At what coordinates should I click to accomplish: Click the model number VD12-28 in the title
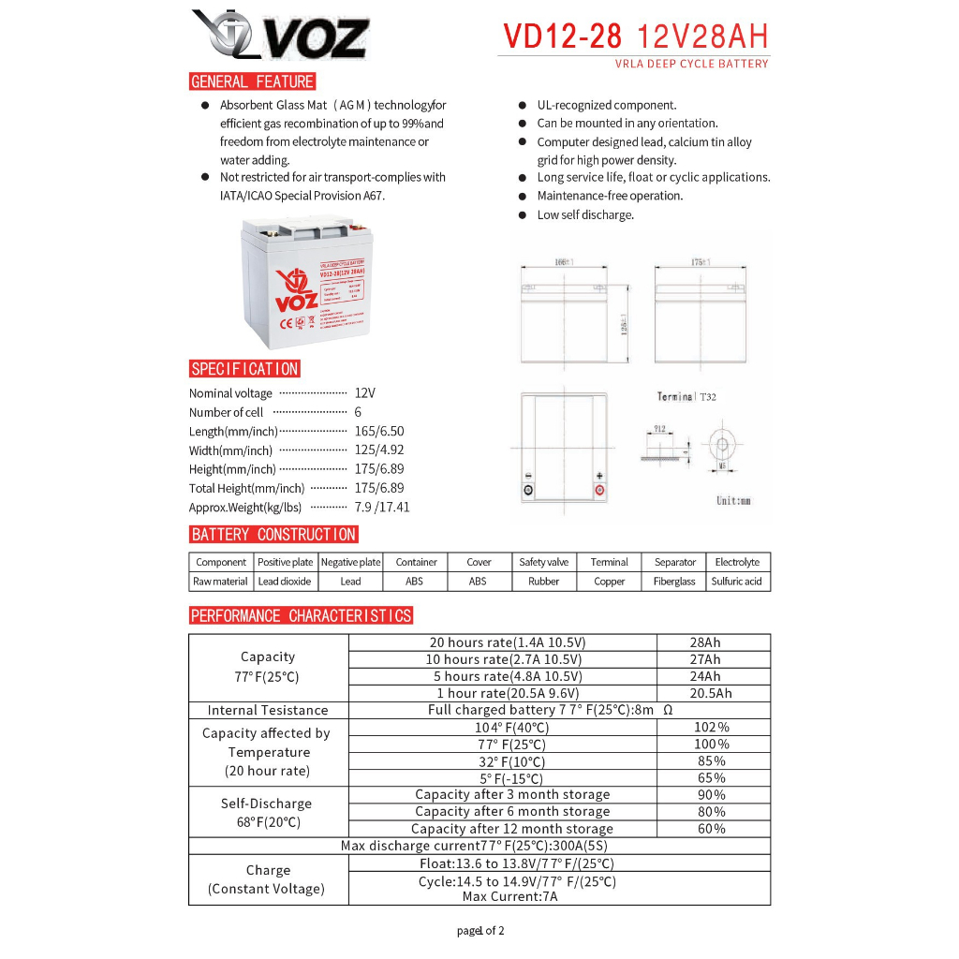coord(563,36)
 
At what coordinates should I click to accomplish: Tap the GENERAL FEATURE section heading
coord(252,81)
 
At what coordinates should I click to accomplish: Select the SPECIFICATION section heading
coord(244,369)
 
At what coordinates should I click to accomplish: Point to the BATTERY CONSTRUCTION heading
coord(273,535)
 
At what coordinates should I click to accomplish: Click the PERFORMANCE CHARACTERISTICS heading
coord(301,615)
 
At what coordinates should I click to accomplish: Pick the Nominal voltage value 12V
coord(365,393)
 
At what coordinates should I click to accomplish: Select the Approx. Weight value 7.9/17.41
coord(382,507)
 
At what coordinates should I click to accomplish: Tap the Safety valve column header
coord(543,562)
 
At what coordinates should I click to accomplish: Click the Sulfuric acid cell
coord(736,582)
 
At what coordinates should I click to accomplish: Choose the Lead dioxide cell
coord(285,582)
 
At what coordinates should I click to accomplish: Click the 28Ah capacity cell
coord(704,642)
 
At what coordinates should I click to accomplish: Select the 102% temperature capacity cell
coord(711,727)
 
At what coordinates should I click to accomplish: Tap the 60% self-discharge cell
coord(711,828)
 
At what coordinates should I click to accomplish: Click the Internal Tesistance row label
coord(268,711)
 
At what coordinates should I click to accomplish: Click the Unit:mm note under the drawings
coord(733,501)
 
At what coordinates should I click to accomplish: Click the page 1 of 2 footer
coord(480,931)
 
